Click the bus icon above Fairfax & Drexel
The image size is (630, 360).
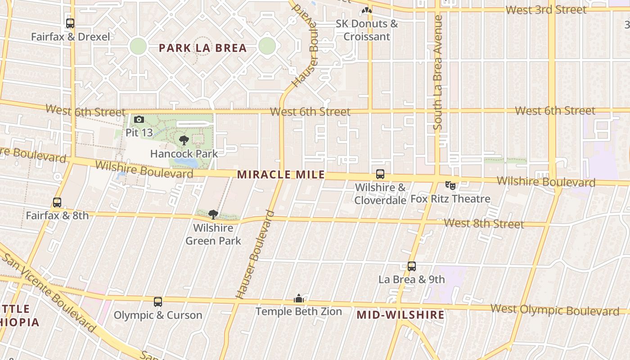click(70, 23)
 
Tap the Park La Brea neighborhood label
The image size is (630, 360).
click(202, 48)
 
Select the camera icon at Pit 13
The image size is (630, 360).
click(139, 119)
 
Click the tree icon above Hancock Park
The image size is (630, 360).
click(184, 140)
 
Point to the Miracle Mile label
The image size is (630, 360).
click(281, 175)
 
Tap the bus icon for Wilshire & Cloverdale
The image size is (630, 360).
click(380, 174)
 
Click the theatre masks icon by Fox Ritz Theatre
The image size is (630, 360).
click(450, 184)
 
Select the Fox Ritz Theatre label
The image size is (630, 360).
click(450, 199)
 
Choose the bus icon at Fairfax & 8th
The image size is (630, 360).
click(57, 202)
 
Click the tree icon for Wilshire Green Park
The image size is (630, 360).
click(213, 215)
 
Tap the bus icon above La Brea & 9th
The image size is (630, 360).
click(412, 266)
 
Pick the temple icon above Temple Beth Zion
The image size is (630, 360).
click(298, 298)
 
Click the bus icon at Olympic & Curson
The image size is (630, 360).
click(157, 301)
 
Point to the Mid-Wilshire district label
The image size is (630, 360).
click(400, 315)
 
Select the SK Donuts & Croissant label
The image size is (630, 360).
click(367, 30)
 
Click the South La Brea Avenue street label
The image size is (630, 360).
click(438, 72)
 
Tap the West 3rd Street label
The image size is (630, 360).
click(546, 10)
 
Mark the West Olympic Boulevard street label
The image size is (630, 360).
click(554, 310)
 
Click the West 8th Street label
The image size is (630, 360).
click(484, 224)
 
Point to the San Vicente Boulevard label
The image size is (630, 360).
click(49, 292)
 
